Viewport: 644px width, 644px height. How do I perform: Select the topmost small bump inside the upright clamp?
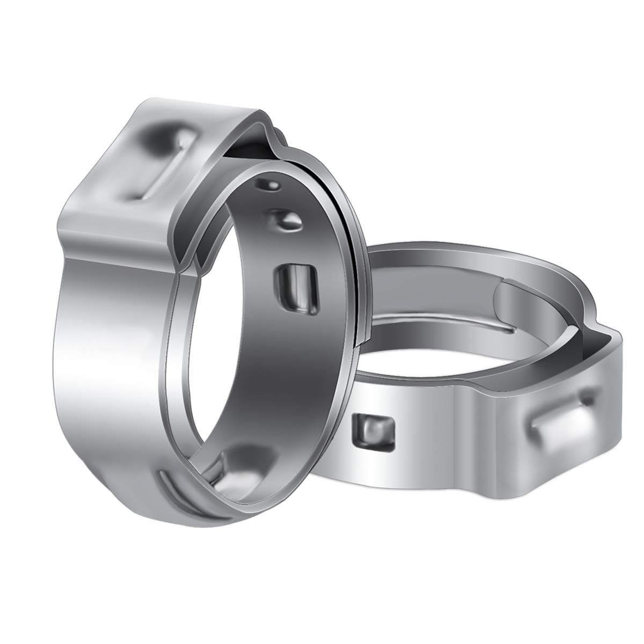268,185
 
